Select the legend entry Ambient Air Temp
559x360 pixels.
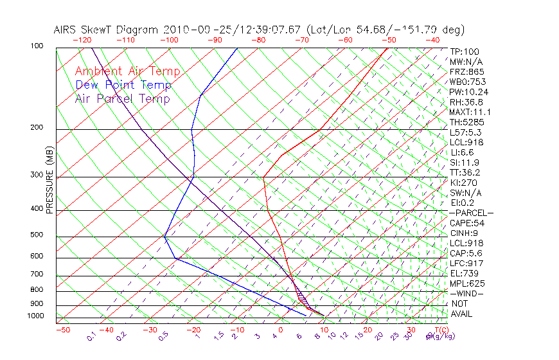pos(127,71)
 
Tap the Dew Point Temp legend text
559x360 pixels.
pos(123,85)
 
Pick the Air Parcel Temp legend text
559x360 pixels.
pos(122,98)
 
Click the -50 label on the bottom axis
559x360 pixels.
pos(62,330)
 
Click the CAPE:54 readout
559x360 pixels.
pos(466,223)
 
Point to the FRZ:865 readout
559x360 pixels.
pos(465,72)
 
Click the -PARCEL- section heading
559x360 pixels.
pos(471,213)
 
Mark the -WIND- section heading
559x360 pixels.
pos(466,293)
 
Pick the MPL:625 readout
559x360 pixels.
pos(466,283)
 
